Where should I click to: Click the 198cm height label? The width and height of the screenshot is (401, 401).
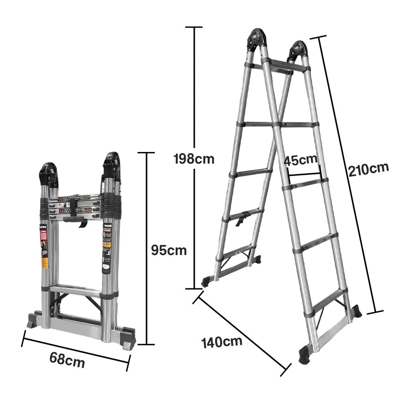point(194,159)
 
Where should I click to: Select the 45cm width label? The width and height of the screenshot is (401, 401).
point(300,160)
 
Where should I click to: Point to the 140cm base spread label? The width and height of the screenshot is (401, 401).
point(222,342)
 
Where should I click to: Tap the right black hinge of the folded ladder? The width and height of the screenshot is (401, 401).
point(111,165)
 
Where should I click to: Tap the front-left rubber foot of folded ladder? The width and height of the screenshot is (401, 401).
point(33,321)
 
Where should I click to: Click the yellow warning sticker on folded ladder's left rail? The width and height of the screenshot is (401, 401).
point(45,263)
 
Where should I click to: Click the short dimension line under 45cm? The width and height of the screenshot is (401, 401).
point(304,174)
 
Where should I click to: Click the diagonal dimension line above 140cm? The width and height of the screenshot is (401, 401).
point(241,333)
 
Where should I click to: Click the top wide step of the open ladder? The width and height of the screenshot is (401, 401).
point(286,67)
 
